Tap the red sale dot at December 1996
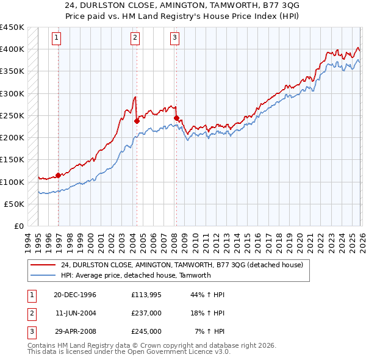(59, 176)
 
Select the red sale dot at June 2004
(137, 121)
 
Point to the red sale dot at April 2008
(176, 118)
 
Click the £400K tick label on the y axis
(12, 49)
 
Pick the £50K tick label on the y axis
(15, 204)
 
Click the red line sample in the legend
(43, 265)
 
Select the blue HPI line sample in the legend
(43, 275)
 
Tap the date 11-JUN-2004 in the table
(76, 313)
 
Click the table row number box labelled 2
(30, 313)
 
